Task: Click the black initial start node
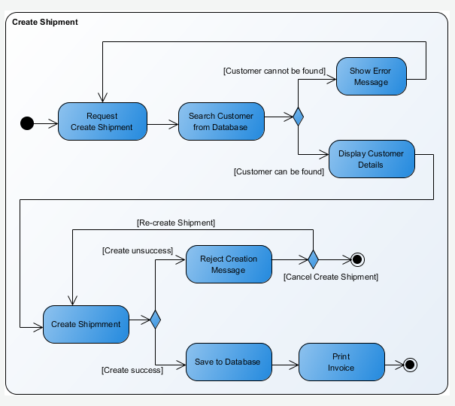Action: pos(28,123)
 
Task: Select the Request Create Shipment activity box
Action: pos(102,122)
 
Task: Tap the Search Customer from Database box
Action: pos(221,122)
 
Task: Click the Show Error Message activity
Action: pos(371,76)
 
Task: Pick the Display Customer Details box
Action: pos(371,159)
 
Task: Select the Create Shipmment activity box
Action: pos(86,324)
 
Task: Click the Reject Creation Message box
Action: pos(229,264)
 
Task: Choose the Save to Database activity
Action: pos(228,362)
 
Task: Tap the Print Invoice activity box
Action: pos(341,362)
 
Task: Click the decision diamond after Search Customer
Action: pos(298,117)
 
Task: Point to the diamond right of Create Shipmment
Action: pos(155,320)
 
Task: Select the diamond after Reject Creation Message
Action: pos(313,259)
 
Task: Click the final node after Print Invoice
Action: pos(410,365)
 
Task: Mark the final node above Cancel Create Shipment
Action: pos(357,259)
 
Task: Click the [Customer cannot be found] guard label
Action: pos(274,71)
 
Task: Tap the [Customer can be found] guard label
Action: pos(279,171)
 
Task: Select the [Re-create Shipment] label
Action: pos(176,223)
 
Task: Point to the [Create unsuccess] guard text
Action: pos(138,250)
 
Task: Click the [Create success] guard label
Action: pos(132,370)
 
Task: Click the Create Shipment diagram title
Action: pos(45,22)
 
